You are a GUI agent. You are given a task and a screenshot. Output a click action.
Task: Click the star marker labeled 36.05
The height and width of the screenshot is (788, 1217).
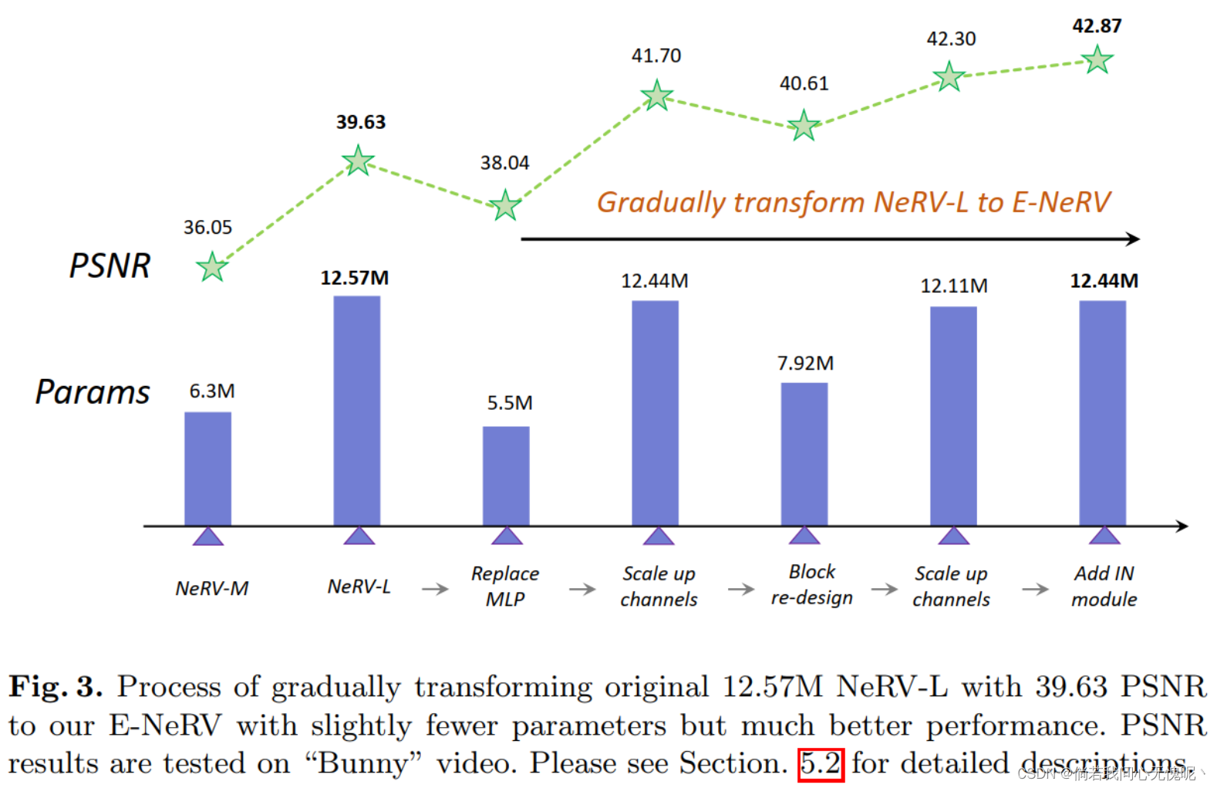pos(211,267)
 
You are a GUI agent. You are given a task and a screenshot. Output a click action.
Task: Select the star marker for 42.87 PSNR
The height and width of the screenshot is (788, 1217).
pos(1097,59)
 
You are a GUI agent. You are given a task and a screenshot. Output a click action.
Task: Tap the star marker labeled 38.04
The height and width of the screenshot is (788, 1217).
pos(505,205)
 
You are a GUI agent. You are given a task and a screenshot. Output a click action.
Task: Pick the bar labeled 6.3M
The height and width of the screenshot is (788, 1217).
pos(207,468)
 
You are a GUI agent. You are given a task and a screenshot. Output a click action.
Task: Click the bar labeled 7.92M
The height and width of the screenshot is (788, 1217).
pos(804,454)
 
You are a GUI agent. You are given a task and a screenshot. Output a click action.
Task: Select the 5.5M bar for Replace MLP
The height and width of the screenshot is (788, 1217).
pos(506,475)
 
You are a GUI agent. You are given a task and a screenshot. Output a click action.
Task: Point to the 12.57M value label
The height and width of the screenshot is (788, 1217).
pos(355,278)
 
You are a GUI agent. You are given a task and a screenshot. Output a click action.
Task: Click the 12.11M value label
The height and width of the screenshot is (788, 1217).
pos(953,286)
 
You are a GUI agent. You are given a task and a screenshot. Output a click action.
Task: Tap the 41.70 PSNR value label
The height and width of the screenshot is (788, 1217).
pos(656,56)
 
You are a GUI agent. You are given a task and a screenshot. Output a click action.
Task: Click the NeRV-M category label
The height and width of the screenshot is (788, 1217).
pos(211,588)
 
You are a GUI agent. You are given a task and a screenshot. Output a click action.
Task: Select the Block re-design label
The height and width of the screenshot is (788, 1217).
pos(811,584)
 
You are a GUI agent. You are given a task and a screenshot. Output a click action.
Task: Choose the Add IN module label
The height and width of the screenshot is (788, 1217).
pos(1104,586)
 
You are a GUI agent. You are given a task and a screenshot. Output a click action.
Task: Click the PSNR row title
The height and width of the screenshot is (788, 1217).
pos(110,265)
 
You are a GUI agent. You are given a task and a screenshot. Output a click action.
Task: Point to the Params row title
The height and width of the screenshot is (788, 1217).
pos(93,392)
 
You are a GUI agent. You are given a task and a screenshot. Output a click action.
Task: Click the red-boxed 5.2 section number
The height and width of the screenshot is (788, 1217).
pos(820,764)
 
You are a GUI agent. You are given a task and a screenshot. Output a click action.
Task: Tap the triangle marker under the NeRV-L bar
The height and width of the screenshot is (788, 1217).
pos(359,536)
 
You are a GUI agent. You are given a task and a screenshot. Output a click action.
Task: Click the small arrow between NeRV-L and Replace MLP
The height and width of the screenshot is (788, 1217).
pos(435,589)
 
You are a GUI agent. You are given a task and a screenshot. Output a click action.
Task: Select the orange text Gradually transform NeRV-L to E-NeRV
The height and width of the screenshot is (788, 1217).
pos(853,202)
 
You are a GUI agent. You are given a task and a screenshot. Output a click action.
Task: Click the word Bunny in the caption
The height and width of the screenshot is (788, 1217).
pos(364,764)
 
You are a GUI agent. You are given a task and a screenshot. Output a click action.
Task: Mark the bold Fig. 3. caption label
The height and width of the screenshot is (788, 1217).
pos(56,686)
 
